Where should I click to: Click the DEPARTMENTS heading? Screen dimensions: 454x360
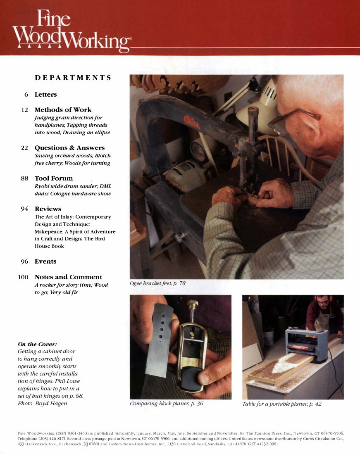[73, 78]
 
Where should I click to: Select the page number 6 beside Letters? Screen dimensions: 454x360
[26, 95]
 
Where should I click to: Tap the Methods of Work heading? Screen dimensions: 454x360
[63, 110]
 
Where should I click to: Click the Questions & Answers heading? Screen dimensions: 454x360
[69, 148]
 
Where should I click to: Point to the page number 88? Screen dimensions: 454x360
[24, 178]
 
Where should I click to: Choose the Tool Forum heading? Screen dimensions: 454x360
[53, 178]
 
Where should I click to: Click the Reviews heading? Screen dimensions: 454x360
[48, 209]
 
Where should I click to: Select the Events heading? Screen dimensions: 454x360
[45, 261]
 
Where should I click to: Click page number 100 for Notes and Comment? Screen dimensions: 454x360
[23, 277]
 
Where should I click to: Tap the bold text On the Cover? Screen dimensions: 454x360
[37, 344]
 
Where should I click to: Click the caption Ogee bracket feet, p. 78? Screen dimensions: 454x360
[157, 283]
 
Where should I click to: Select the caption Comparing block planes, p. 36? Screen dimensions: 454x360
[166, 404]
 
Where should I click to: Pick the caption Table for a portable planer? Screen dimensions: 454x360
[281, 404]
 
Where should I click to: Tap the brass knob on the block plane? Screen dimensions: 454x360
[192, 304]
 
